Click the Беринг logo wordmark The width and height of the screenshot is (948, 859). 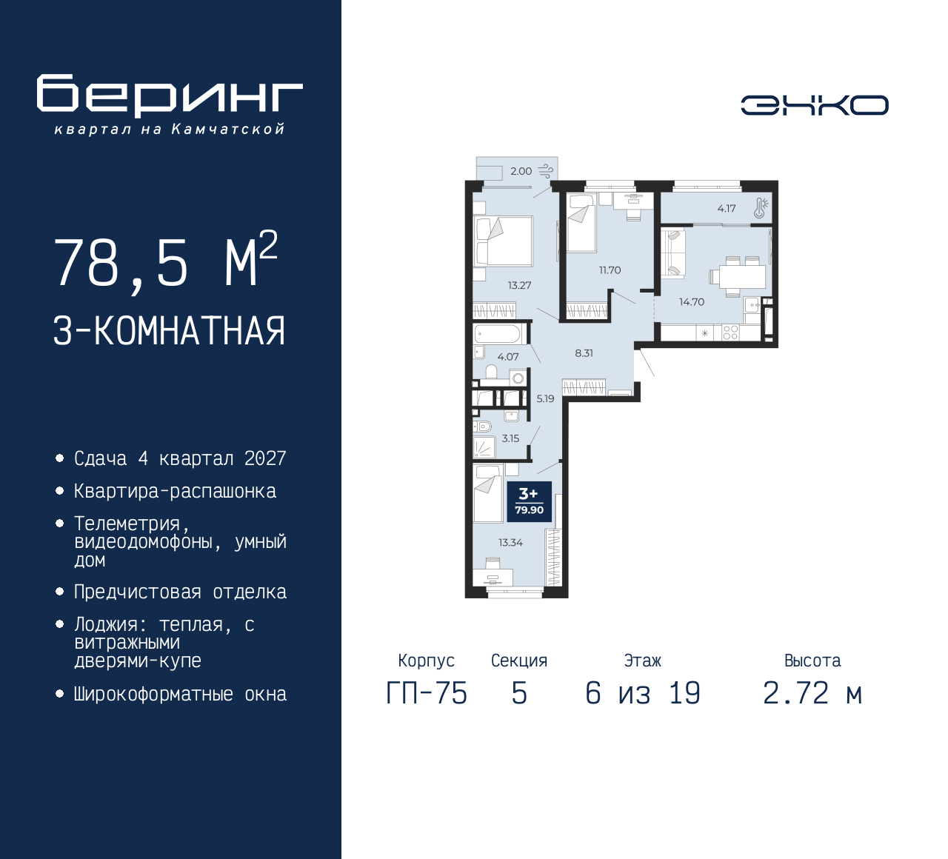pos(170,95)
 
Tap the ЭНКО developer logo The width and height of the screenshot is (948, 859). pos(814,105)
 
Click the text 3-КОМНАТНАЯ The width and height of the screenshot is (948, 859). pos(170,331)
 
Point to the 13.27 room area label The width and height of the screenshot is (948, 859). pos(519,285)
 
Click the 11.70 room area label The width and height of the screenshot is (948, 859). pos(610,270)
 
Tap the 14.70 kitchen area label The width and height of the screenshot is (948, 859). pos(692,302)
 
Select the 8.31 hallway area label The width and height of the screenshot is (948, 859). pos(584,353)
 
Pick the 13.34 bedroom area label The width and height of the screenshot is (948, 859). pos(510,543)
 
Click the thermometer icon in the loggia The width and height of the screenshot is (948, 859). pos(761,208)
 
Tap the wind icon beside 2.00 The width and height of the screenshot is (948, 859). pos(546,171)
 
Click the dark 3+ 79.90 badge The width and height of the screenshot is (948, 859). pos(529,501)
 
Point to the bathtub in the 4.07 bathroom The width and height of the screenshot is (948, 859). pos(500,333)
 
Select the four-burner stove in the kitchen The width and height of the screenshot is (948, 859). pos(730,333)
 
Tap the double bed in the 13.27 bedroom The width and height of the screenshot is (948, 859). pos(504,241)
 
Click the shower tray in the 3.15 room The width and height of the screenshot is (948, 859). pos(484,447)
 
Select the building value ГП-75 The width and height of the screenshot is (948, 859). pos(427,693)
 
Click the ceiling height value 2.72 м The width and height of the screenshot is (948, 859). pos(812,693)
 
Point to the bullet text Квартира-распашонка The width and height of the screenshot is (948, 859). pos(175,491)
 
